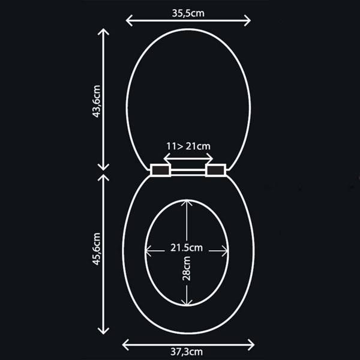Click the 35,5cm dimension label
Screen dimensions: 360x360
tap(188, 13)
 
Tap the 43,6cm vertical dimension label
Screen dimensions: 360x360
tap(96, 101)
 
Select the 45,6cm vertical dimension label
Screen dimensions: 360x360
tap(96, 249)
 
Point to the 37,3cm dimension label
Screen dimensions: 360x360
tap(187, 352)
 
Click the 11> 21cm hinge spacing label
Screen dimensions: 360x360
tap(188, 146)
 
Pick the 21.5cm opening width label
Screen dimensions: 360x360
tap(187, 248)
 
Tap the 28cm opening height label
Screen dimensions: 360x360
tap(187, 268)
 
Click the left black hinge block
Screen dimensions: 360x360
tap(160, 170)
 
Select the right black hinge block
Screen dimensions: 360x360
tap(215, 170)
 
